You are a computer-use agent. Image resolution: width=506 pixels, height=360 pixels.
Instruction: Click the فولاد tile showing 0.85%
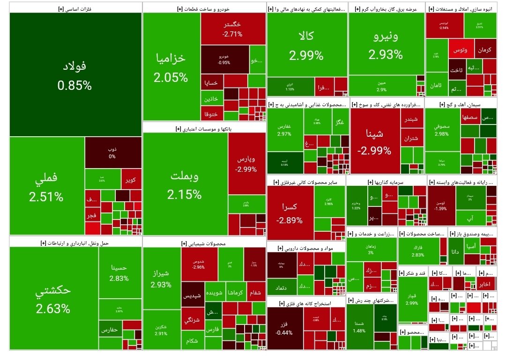tap(75, 74)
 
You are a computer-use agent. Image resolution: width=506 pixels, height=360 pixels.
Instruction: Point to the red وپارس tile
tap(247, 163)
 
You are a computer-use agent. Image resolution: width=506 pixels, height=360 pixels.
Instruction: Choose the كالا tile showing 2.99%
tap(306, 45)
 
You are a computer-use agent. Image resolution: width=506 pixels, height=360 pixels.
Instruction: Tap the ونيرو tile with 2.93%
tap(386, 44)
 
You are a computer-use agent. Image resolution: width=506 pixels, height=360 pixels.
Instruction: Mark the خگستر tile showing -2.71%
tap(233, 29)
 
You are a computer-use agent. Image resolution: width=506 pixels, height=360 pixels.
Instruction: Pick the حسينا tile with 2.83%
tap(119, 273)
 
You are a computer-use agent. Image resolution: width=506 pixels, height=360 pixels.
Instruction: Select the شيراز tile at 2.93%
tap(161, 278)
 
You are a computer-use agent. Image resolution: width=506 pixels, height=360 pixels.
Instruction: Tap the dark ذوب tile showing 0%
tap(112, 153)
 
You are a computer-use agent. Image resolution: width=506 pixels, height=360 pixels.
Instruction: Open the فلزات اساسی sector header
tap(75, 8)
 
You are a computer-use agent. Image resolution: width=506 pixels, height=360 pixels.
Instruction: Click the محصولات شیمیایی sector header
tap(203, 243)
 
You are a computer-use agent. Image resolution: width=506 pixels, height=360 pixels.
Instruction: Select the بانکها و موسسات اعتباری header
tap(204, 128)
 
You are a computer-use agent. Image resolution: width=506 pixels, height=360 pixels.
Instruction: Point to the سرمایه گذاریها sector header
tap(386, 182)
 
